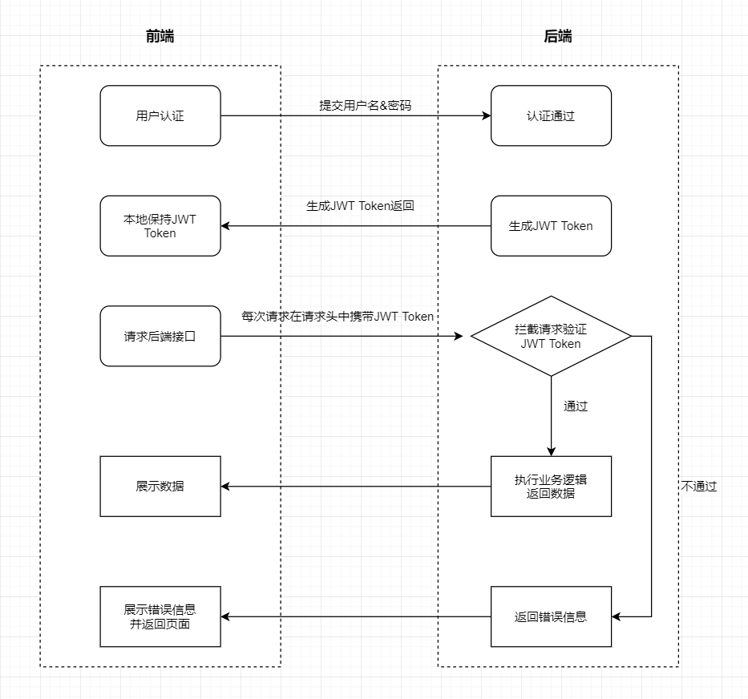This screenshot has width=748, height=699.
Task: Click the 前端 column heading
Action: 160,36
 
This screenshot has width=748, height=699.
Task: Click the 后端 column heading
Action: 558,36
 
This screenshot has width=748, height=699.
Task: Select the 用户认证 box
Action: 160,115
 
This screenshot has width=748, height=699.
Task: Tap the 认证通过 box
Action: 551,115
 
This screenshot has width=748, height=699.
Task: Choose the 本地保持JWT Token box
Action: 160,226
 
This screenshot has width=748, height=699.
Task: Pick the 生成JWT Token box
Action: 551,226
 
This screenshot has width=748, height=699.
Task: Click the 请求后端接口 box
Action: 160,336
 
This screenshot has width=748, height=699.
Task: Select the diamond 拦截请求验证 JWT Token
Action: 551,336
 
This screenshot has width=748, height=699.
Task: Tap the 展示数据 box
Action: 160,487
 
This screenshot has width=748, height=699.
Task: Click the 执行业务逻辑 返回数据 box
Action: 551,487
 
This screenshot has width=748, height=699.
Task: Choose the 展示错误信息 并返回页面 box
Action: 160,616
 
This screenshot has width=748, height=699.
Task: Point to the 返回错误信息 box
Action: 551,616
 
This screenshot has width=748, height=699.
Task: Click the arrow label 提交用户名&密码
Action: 366,106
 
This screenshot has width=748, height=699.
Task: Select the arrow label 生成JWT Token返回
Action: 360,206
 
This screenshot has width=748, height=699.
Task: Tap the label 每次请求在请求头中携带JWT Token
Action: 338,317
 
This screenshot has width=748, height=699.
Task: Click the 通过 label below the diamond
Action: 576,406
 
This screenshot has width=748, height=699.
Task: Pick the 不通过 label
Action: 699,487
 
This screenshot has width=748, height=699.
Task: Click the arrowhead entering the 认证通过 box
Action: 487,115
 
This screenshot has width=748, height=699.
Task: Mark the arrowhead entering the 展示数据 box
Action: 225,487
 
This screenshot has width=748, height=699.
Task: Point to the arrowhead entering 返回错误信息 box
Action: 617,616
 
